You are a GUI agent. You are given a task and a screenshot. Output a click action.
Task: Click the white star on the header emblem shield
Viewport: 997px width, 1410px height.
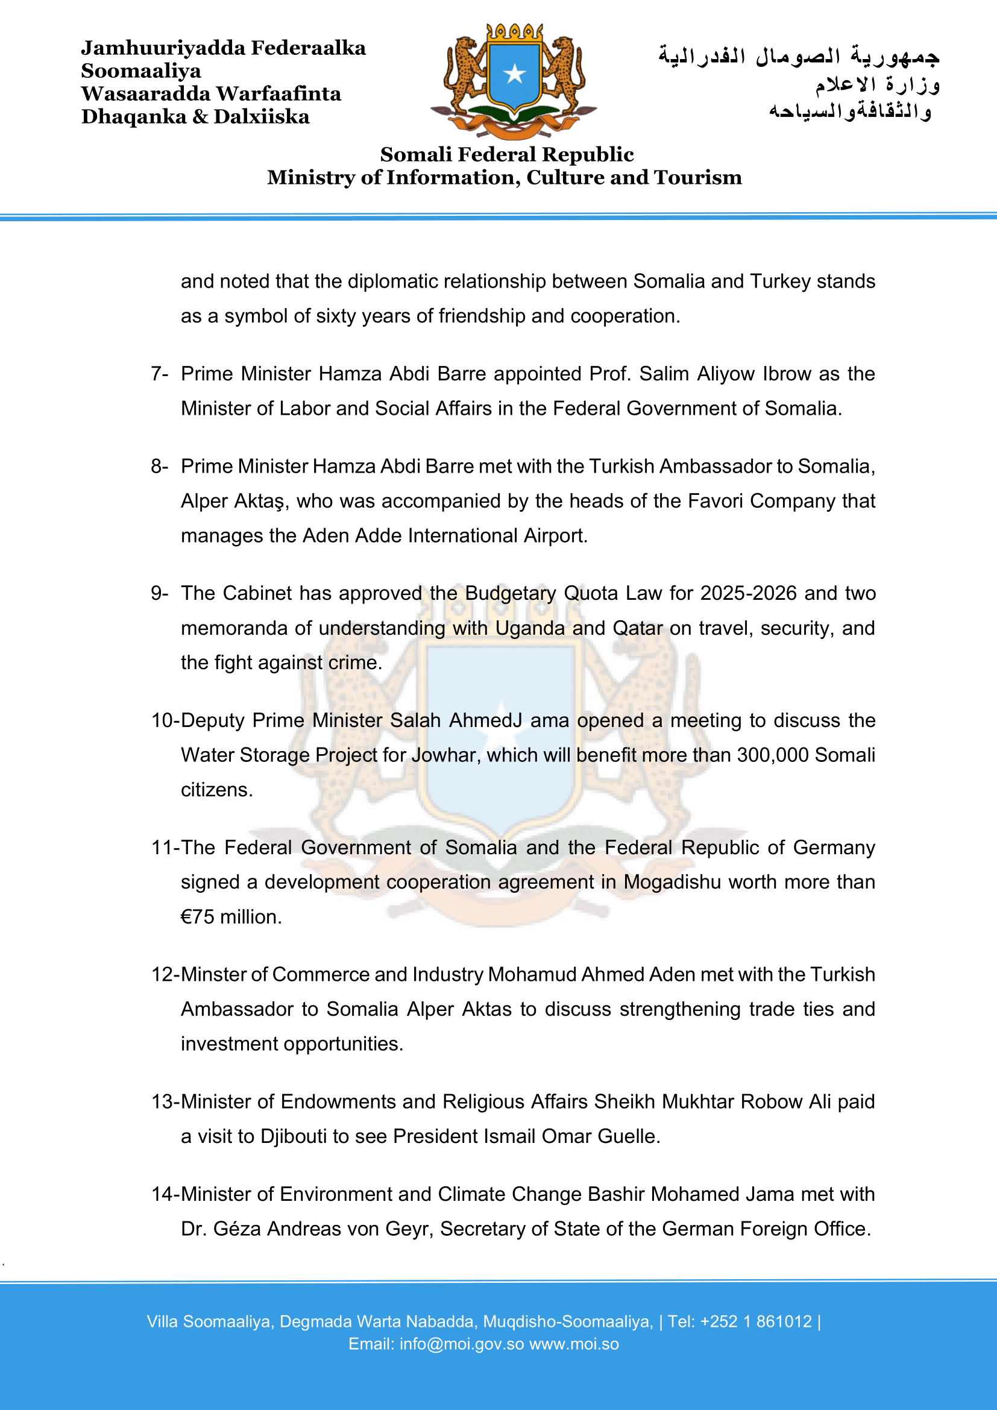(x=514, y=74)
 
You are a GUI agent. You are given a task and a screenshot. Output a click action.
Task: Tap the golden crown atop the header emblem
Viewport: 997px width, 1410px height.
(x=514, y=32)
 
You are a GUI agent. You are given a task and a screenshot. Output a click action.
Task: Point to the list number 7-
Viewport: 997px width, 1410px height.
(x=160, y=373)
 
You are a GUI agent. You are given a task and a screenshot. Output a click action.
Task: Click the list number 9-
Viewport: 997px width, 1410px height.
(x=160, y=593)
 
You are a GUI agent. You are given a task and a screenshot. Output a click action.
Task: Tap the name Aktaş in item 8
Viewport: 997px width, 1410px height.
(x=258, y=501)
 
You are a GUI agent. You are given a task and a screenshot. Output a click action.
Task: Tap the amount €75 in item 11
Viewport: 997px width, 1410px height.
(x=197, y=916)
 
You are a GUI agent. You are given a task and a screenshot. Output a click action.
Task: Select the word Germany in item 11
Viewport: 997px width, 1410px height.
(x=834, y=847)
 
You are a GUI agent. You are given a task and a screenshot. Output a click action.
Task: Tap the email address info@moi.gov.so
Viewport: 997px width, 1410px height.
(x=462, y=1344)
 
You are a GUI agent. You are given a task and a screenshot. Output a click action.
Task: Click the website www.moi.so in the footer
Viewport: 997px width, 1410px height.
(x=574, y=1344)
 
